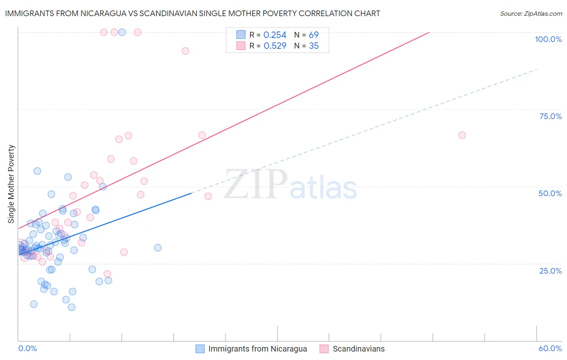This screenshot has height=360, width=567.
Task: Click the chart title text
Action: point(192,13)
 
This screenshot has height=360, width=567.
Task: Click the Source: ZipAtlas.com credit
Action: point(531,14)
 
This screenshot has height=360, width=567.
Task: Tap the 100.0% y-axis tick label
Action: point(548,39)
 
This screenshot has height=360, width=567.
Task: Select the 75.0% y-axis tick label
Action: point(550,116)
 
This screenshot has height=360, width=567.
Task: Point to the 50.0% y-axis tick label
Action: point(550,193)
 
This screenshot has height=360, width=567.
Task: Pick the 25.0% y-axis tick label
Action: point(550,271)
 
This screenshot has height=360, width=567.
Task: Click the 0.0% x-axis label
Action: point(27,348)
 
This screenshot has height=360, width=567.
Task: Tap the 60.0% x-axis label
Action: point(550,348)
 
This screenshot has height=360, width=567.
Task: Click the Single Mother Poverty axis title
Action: point(11,184)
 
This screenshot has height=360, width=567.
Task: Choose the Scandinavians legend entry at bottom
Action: point(358,349)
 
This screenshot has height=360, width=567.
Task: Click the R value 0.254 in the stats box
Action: point(275,35)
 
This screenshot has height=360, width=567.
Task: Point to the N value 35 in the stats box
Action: point(314,46)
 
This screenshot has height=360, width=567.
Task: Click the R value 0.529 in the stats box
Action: point(275,46)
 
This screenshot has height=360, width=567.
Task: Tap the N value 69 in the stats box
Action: point(314,35)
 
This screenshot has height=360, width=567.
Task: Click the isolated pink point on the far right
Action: point(462,135)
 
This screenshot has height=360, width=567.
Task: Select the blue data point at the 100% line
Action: point(122,32)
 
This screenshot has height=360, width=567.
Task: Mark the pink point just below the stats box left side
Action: point(186,51)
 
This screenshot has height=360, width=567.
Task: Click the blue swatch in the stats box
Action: point(241,35)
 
